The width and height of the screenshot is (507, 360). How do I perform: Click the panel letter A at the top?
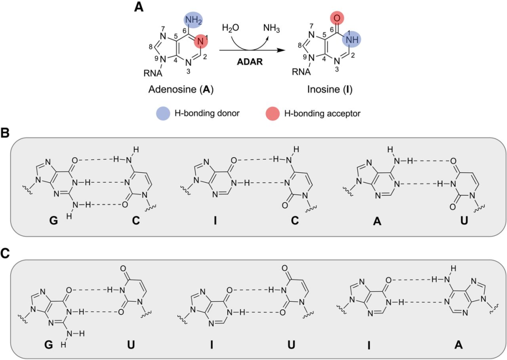[x=138, y=7]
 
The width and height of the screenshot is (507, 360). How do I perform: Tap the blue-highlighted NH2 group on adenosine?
[x=193, y=20]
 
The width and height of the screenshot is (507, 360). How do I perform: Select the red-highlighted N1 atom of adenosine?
[x=200, y=41]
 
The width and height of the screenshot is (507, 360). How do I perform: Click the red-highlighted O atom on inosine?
[x=337, y=18]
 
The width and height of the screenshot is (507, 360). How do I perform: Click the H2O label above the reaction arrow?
[x=230, y=28]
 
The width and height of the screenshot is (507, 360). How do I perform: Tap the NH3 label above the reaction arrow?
[x=271, y=29]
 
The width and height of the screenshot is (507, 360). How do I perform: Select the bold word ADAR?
[x=250, y=61]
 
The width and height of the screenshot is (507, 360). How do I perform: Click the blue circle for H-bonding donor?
[x=163, y=114]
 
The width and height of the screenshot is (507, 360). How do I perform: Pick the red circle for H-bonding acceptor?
[x=273, y=114]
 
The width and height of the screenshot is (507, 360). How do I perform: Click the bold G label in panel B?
[x=54, y=221]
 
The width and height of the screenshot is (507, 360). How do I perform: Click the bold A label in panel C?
[x=458, y=345]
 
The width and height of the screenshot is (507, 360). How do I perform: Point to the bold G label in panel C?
[x=48, y=345]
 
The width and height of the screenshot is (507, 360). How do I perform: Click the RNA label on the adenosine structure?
[x=153, y=73]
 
